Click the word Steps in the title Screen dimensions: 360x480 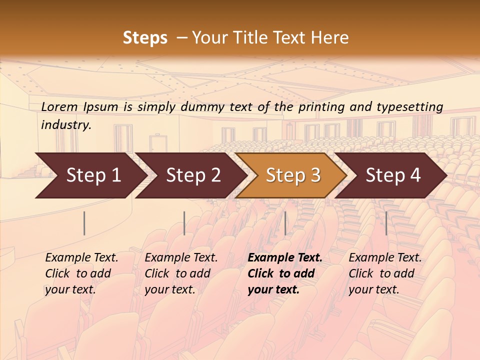point(145,38)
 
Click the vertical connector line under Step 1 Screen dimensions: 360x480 point(84,223)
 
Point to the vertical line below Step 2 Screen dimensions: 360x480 point(184,223)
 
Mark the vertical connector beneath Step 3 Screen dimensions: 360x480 point(285,223)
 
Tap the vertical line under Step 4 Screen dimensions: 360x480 point(386,223)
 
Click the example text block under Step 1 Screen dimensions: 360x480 point(81,273)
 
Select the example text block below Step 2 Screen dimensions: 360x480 point(180,273)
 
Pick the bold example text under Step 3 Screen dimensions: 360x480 point(284,273)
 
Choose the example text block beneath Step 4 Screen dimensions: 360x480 point(384,273)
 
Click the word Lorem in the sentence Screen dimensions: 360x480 point(59,107)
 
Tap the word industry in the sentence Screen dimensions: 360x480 point(66,125)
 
